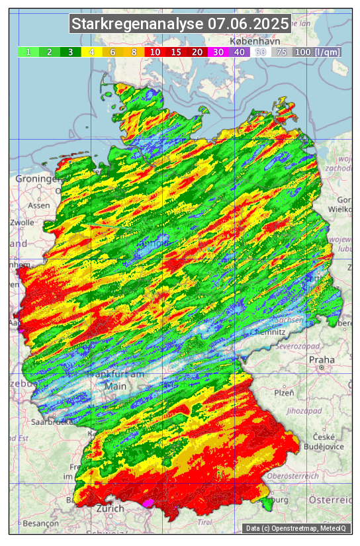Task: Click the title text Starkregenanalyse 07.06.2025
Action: pyautogui.click(x=180, y=24)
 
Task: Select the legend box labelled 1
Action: pyautogui.click(x=28, y=52)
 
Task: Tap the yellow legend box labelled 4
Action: pyautogui.click(x=92, y=52)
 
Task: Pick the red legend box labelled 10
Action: pyautogui.click(x=155, y=52)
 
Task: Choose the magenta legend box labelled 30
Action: pyautogui.click(x=218, y=52)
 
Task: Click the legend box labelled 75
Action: pyautogui.click(x=281, y=52)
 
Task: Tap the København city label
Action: pyautogui.click(x=251, y=41)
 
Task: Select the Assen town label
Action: pyautogui.click(x=40, y=205)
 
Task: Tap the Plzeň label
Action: pyautogui.click(x=284, y=392)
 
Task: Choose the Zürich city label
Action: pyautogui.click(x=109, y=508)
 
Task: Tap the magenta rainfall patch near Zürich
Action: pyautogui.click(x=151, y=503)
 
